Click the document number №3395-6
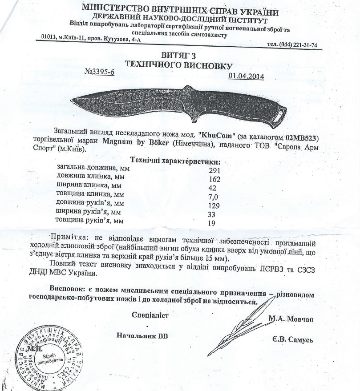coord(99,73)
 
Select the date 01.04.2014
coord(246,76)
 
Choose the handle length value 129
coord(215,205)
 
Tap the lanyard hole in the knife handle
coord(279,114)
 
